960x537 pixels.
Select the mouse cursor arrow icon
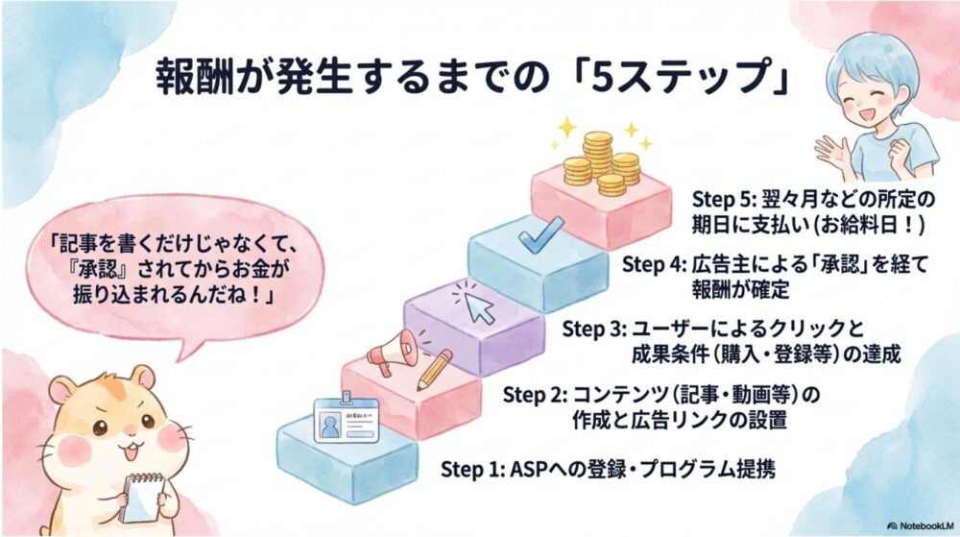477,304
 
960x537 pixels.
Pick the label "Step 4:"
653,264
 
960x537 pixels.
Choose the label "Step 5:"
723,199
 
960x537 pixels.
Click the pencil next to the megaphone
434,367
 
